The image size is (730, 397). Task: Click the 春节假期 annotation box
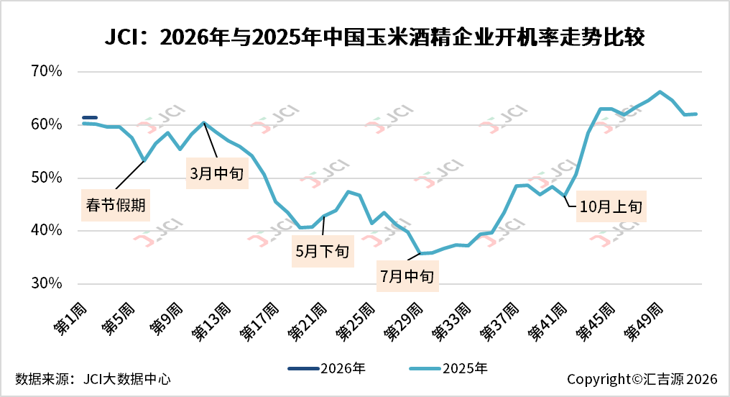(116, 206)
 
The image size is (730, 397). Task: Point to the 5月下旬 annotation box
(323, 251)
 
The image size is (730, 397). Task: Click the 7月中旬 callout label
(408, 275)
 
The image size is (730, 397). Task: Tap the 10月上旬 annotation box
(611, 206)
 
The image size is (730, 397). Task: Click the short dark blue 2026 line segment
(90, 117)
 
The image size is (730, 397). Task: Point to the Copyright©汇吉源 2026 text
(642, 379)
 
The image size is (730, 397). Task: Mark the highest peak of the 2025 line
(660, 92)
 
